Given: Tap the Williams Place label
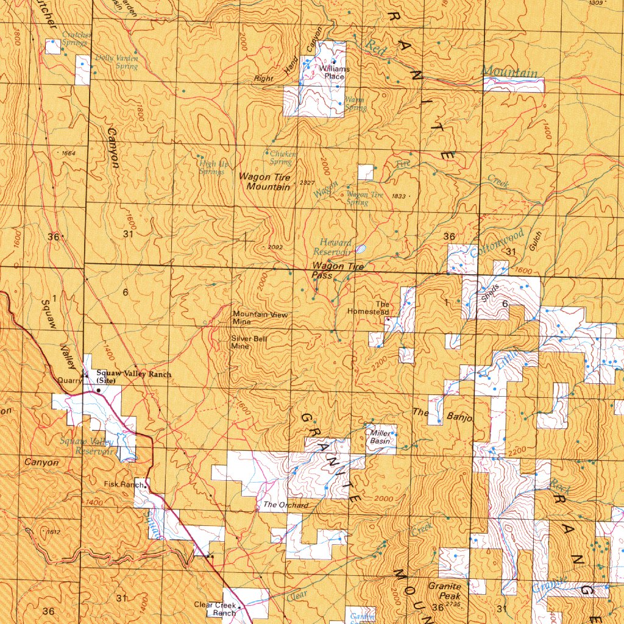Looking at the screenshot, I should pyautogui.click(x=335, y=73).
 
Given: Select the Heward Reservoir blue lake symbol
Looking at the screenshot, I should pyautogui.click(x=361, y=249).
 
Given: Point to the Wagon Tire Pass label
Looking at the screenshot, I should pyautogui.click(x=337, y=271).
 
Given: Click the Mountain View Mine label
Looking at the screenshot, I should pyautogui.click(x=260, y=317).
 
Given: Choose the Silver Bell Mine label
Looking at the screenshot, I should pyautogui.click(x=249, y=341).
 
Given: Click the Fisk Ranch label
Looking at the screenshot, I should pyautogui.click(x=124, y=484).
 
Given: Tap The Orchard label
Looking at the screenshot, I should pyautogui.click(x=285, y=505).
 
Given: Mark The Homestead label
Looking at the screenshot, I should pyautogui.click(x=368, y=308).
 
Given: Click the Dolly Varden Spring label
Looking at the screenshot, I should pyautogui.click(x=118, y=62).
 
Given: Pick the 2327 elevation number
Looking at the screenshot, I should pyautogui.click(x=307, y=183).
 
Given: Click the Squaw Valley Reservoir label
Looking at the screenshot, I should pyautogui.click(x=85, y=446).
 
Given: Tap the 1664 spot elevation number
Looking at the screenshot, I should pyautogui.click(x=68, y=153).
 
